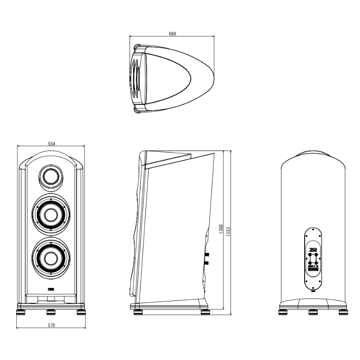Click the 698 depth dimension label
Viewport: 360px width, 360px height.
point(172,34)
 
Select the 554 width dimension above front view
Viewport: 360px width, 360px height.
point(51,144)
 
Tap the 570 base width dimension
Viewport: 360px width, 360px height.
point(51,325)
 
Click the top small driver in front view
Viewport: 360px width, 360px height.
point(51,176)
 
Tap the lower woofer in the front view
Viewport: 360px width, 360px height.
point(51,256)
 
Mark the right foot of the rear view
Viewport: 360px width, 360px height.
point(343,310)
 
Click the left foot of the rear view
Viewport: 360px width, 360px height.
point(283,310)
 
